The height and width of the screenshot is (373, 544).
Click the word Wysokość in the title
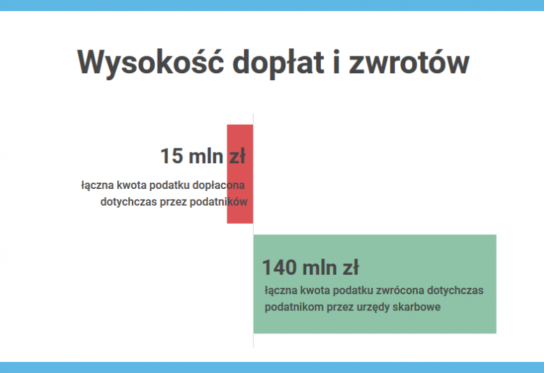[x=150, y=63]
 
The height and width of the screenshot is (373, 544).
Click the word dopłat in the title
[x=278, y=63]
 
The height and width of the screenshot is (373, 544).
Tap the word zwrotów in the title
[x=409, y=63]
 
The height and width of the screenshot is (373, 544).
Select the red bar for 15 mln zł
[x=240, y=174]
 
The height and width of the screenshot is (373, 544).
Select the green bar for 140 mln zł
[x=375, y=284]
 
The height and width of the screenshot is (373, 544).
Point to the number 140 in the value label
[x=279, y=268]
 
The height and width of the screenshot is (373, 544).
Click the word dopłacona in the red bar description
[x=218, y=185]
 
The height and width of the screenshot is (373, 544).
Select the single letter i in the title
[x=336, y=63]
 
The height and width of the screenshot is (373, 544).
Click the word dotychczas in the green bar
[x=455, y=291]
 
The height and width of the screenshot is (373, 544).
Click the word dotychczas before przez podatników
[x=129, y=202]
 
